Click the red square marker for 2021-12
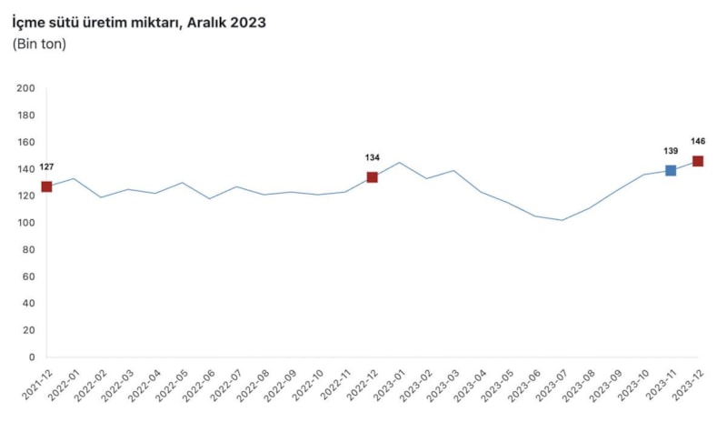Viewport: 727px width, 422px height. coord(46,186)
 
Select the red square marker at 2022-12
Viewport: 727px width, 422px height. coord(372,177)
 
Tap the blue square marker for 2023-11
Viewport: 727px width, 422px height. coord(671,171)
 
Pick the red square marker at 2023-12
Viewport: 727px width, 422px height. coord(698,161)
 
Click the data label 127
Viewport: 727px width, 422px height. coord(46,167)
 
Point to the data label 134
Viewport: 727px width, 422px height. coord(372,157)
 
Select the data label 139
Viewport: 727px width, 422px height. coord(671,151)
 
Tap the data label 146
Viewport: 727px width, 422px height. coord(698,141)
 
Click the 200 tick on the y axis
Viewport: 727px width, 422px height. coord(25,88)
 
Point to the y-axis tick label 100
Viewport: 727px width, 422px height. coord(25,223)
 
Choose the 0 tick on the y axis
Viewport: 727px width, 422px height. coord(31,357)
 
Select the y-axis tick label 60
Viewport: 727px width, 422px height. coord(28,276)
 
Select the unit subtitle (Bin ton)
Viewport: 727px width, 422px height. coord(39,44)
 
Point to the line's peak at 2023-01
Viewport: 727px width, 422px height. coord(399,163)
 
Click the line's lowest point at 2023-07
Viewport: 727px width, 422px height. coord(562,220)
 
